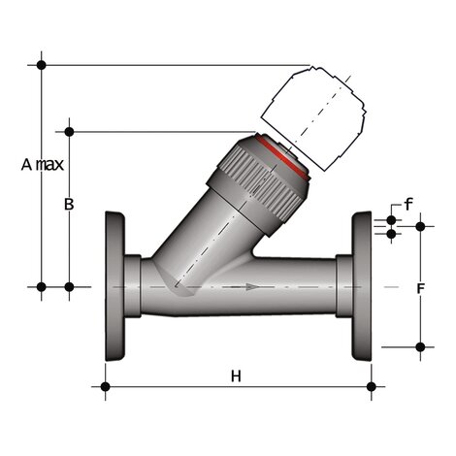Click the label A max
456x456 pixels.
pyautogui.click(x=43, y=164)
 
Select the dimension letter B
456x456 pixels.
pyautogui.click(x=69, y=204)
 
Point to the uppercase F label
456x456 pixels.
pyautogui.click(x=420, y=289)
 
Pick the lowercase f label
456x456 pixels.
pyautogui.click(x=408, y=205)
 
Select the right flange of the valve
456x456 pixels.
pyautogui.click(x=362, y=286)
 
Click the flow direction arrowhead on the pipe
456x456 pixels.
pyautogui.click(x=253, y=286)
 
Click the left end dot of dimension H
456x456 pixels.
pyautogui.click(x=105, y=386)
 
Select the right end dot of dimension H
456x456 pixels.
pyautogui.click(x=372, y=386)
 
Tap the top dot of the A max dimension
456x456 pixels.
pyautogui.click(x=42, y=64)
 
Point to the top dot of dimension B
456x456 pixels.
pyautogui.click(x=69, y=130)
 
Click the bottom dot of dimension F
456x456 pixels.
pyautogui.click(x=420, y=345)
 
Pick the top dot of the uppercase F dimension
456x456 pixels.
pyautogui.click(x=420, y=226)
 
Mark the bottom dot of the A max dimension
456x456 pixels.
pyautogui.click(x=42, y=286)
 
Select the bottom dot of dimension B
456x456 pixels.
pyautogui.click(x=69, y=286)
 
